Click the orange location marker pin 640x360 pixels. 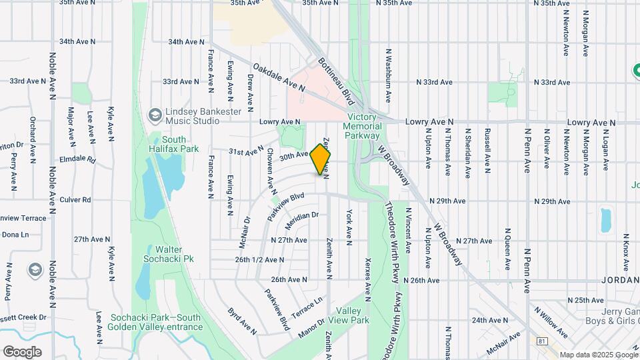[320, 159]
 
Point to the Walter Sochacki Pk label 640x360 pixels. [170, 253]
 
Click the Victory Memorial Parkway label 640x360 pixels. [363, 126]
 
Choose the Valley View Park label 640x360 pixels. [352, 315]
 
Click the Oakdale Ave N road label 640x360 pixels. [278, 77]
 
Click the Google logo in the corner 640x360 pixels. [22, 352]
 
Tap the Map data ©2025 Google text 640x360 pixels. [598, 355]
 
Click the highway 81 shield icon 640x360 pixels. [541, 341]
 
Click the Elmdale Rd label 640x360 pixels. [77, 161]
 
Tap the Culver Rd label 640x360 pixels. [75, 200]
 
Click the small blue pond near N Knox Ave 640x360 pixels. [605, 220]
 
